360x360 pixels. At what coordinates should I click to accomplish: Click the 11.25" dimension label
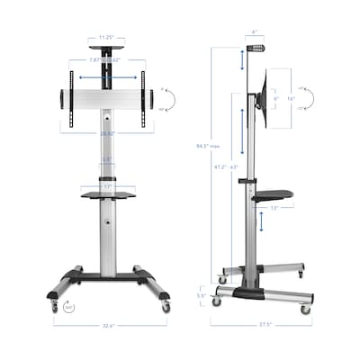click(x=106, y=39)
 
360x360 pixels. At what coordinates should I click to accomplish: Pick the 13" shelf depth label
click(x=274, y=208)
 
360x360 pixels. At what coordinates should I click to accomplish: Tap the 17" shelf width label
click(x=107, y=188)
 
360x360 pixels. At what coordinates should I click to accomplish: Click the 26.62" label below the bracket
click(x=106, y=133)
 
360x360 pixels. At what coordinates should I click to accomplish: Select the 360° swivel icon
click(x=69, y=307)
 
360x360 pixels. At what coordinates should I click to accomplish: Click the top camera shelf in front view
click(x=106, y=48)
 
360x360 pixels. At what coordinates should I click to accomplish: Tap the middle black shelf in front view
click(x=108, y=194)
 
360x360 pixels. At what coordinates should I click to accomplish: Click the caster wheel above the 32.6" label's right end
click(x=165, y=307)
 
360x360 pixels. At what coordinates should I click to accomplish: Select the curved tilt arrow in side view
click(x=306, y=99)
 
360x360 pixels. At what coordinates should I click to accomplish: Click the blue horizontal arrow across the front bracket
click(x=106, y=77)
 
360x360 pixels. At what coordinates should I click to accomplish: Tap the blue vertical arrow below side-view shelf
click(x=262, y=221)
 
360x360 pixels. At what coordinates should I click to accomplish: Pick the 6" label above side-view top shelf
click(x=255, y=32)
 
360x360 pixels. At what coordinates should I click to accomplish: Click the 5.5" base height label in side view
click(x=201, y=295)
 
